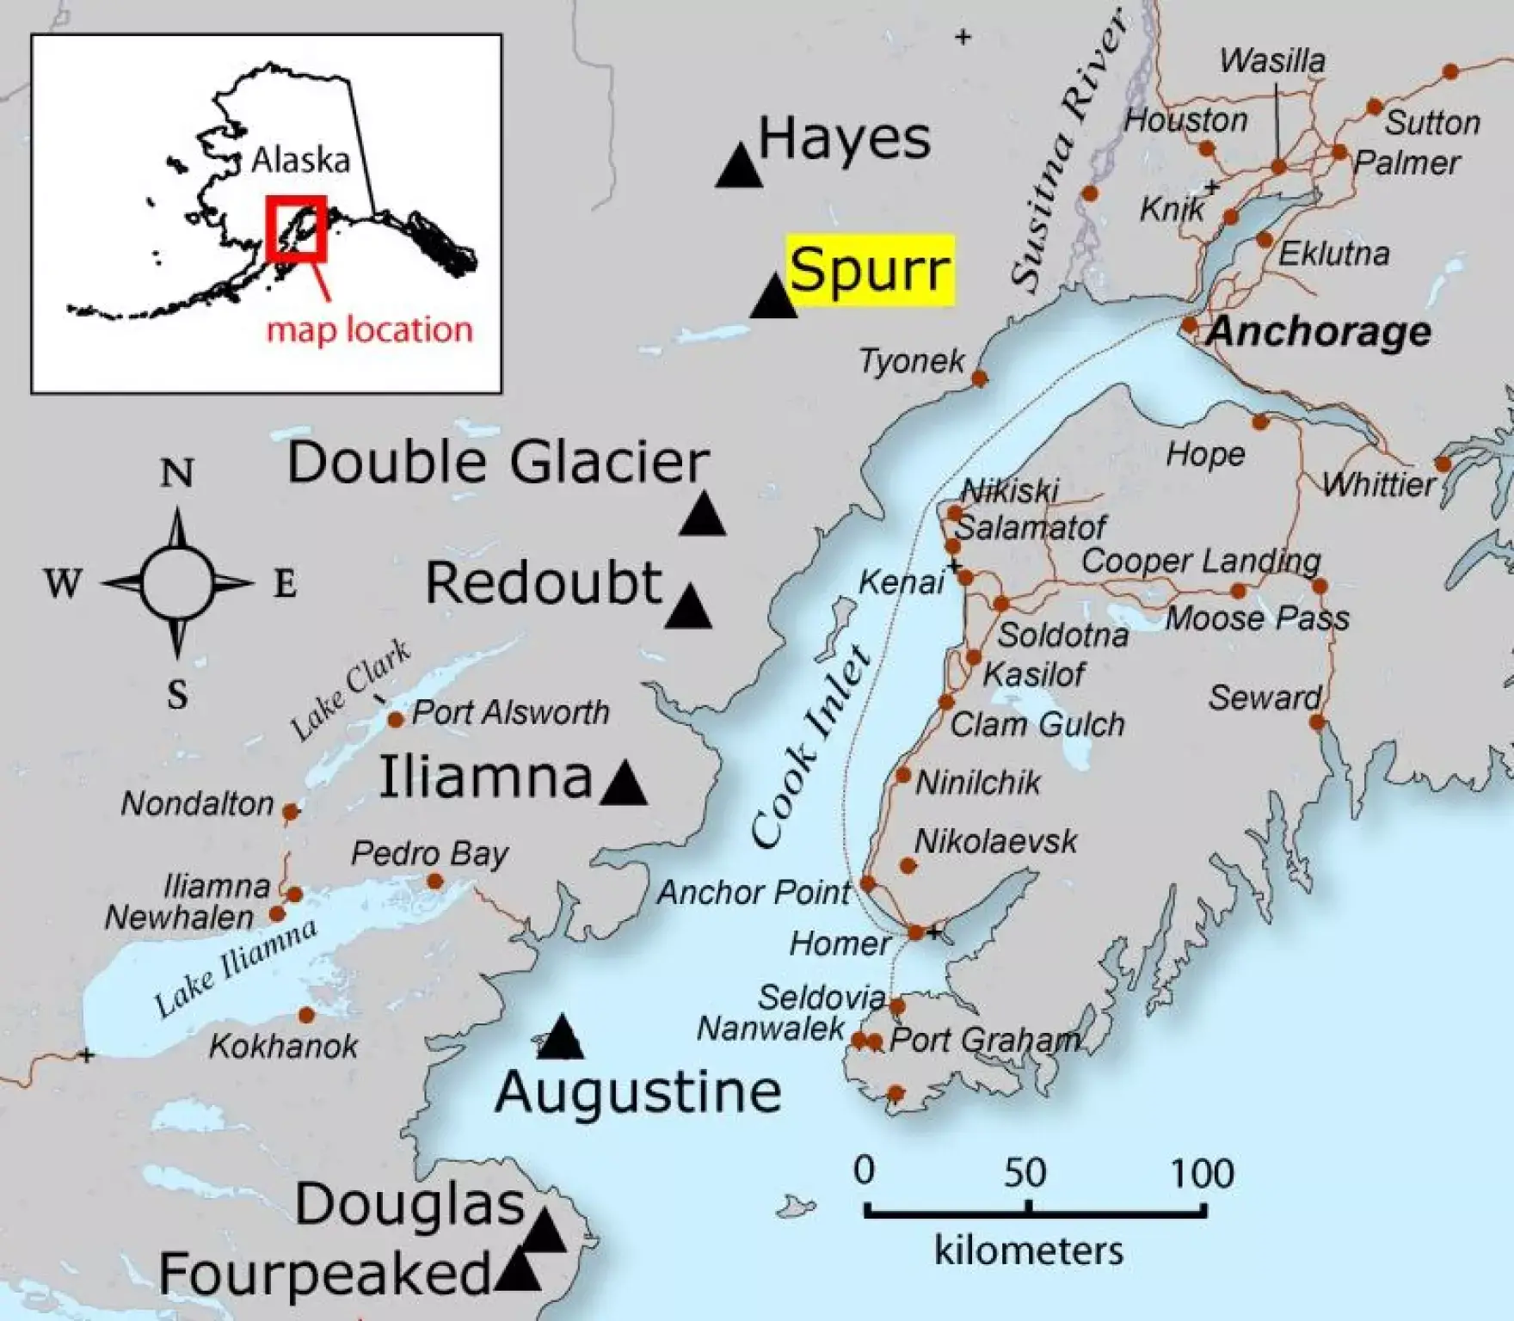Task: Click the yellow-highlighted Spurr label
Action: coord(870,270)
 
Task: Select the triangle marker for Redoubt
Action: coord(688,609)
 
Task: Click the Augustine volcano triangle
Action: coord(562,1039)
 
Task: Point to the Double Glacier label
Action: coord(498,463)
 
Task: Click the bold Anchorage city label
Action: coord(1319,331)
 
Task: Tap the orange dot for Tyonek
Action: coord(979,378)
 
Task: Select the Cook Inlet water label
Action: coord(811,747)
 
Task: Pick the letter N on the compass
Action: coord(177,473)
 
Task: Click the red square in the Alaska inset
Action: coord(296,228)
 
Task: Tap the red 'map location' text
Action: coord(369,330)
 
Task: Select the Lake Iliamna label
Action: coord(235,968)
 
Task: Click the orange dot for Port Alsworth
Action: coord(396,719)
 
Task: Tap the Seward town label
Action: coord(1264,697)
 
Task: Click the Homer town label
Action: coord(840,944)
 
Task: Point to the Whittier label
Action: coord(1379,485)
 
